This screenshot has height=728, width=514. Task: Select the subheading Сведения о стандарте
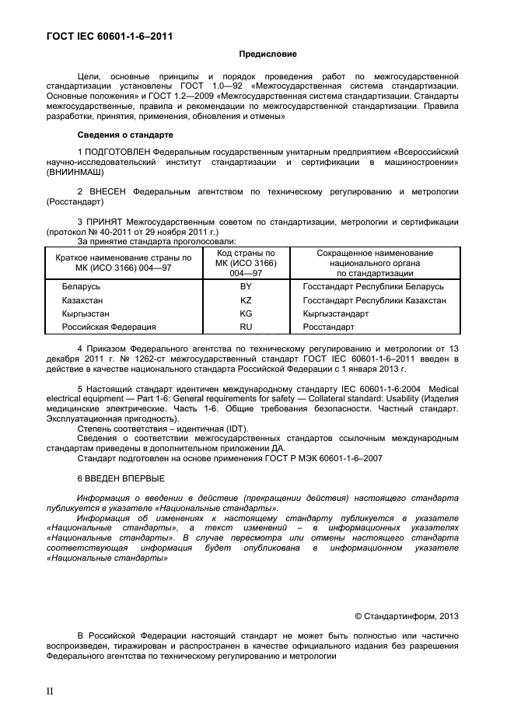[119, 135]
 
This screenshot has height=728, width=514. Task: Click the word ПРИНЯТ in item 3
[108, 222]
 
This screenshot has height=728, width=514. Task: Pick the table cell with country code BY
[246, 286]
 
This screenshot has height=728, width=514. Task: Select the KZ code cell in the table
[246, 299]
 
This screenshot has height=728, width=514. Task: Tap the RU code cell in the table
[246, 327]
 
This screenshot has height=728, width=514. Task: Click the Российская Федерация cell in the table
[109, 327]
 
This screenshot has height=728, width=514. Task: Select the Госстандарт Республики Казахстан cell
[374, 299]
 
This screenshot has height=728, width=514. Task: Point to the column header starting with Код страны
[246, 264]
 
